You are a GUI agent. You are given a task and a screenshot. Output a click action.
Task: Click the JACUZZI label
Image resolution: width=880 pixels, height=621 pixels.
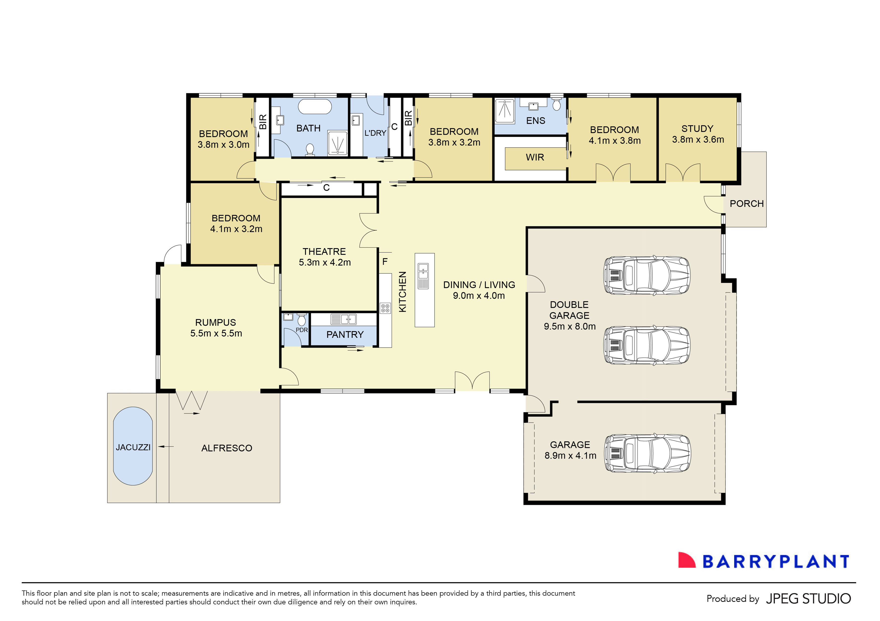pos(133,447)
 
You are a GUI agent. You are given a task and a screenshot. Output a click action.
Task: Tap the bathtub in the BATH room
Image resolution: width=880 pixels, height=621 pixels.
pos(315,107)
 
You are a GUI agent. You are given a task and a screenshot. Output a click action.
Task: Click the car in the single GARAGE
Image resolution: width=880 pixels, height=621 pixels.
pos(647,454)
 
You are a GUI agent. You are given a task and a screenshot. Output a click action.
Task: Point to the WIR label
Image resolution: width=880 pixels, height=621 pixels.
pos(535,157)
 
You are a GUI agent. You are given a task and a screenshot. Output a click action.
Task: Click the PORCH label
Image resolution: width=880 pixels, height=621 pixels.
pos(746,204)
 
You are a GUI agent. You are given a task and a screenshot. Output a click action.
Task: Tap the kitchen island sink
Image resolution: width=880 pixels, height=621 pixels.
pos(423,271)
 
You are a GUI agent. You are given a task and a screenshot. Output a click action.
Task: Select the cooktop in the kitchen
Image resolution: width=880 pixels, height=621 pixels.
pos(385,308)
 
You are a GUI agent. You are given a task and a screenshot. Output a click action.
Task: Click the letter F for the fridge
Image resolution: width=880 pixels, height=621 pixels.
pos(385,262)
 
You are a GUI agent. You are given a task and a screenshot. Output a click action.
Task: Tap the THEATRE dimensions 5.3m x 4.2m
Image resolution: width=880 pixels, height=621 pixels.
pos(325,262)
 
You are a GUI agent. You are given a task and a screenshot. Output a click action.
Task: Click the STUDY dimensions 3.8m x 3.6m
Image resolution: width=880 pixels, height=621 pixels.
pos(698,139)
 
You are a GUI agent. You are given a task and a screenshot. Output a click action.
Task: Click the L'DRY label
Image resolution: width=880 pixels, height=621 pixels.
pos(375,133)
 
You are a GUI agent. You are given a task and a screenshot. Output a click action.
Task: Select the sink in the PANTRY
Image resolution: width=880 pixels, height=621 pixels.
pos(343,319)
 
